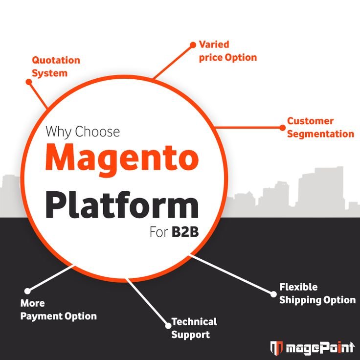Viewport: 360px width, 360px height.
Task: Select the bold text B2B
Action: [185, 232]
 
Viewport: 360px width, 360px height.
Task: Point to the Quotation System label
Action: [56, 67]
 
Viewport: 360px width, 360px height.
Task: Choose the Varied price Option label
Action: [227, 51]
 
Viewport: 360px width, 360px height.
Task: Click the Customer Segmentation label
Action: [320, 127]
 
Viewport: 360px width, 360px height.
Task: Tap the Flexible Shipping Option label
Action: [317, 293]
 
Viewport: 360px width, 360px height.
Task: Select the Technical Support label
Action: [194, 328]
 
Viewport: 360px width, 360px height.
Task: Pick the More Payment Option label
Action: [58, 310]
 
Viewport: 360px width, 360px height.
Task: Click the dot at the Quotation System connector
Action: [29, 82]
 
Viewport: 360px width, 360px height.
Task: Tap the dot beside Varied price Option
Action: [192, 45]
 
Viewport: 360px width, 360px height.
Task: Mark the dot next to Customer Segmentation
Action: [282, 127]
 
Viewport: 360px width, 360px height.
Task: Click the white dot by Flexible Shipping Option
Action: [273, 293]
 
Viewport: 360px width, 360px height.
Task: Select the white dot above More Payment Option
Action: [27, 291]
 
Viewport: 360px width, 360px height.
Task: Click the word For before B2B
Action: [158, 232]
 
